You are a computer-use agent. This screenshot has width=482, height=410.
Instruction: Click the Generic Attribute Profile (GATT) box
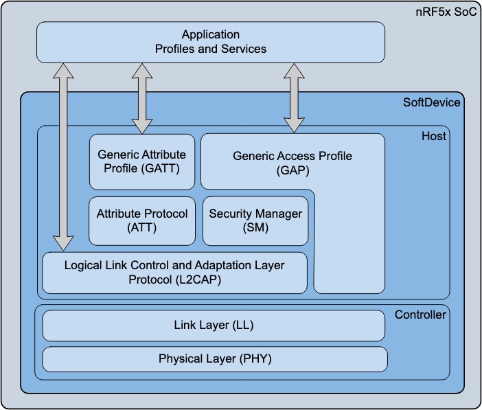click(142, 161)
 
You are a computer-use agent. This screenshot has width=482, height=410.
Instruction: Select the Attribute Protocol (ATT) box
click(142, 220)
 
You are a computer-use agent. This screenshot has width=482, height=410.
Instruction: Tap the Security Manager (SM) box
click(255, 220)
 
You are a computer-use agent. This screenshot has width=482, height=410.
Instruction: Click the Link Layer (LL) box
click(214, 326)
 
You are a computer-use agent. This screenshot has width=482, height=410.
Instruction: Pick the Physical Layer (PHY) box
click(215, 358)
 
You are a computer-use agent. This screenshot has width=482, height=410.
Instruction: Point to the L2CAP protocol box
click(174, 273)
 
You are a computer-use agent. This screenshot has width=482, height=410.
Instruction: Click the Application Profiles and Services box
click(210, 41)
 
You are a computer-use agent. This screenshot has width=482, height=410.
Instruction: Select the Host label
click(434, 136)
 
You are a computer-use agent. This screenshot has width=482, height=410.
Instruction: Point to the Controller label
click(420, 315)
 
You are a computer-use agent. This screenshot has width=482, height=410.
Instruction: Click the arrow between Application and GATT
click(142, 98)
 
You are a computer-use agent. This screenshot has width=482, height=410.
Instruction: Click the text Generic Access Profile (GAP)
click(292, 163)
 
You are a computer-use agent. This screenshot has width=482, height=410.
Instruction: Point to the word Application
click(210, 34)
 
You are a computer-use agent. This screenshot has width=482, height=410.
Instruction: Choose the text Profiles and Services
click(210, 49)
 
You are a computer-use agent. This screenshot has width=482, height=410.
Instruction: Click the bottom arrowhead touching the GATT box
click(142, 126)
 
